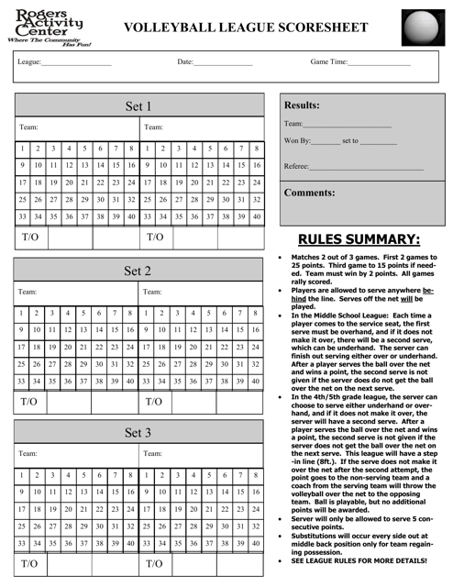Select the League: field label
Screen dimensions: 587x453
coord(28,62)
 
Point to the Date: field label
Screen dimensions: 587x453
coord(185,62)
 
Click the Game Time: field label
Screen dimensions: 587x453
coord(329,62)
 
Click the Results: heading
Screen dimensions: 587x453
coord(303,105)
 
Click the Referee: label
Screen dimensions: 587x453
coord(297,166)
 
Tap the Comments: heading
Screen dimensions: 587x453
coord(310,194)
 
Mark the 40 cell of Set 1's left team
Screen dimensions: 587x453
coord(131,216)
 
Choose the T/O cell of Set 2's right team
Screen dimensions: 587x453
coord(157,402)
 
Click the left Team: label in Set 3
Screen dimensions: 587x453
coord(28,453)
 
